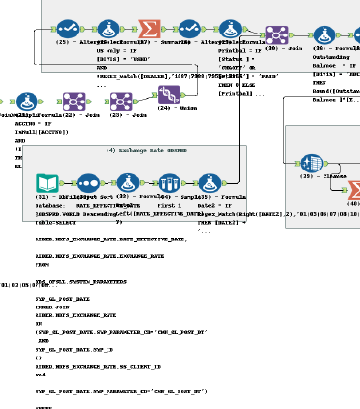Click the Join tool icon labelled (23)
coord(122,101)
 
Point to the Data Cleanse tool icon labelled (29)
coord(312,162)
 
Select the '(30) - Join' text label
coord(285,47)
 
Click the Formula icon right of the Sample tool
coord(210,182)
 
